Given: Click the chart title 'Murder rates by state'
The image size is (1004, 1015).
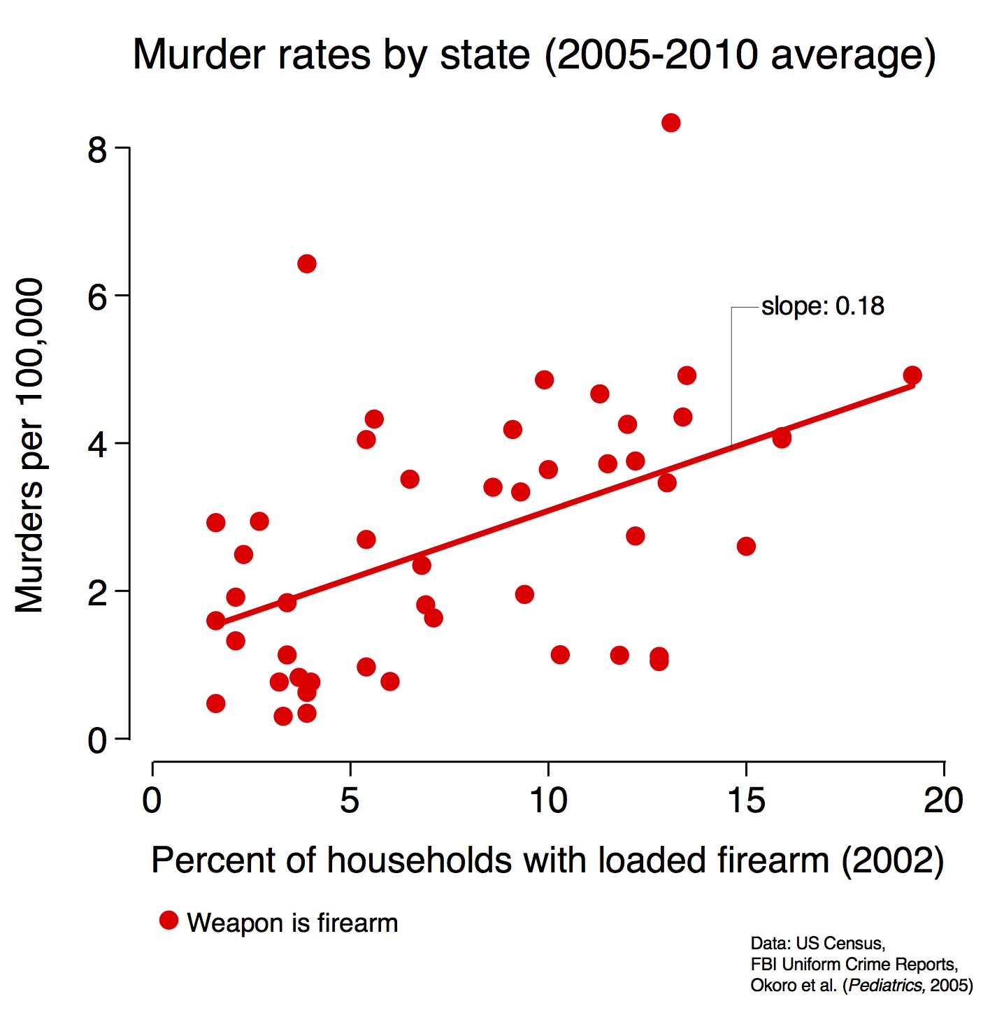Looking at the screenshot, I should pyautogui.click(x=534, y=55).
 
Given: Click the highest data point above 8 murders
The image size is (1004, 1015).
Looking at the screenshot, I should pyautogui.click(x=670, y=123).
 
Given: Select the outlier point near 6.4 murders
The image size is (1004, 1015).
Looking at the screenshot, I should pyautogui.click(x=306, y=264).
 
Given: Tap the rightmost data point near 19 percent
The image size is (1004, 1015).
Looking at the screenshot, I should pyautogui.click(x=912, y=375).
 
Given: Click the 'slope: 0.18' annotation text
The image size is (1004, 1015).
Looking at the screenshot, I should pyautogui.click(x=822, y=306).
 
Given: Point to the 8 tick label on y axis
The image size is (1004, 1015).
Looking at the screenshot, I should pyautogui.click(x=97, y=150).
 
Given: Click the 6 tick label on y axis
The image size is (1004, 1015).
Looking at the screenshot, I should pyautogui.click(x=97, y=297).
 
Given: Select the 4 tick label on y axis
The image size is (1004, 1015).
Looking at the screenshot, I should pyautogui.click(x=97, y=445).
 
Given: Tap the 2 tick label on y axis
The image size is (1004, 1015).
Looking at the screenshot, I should pyautogui.click(x=97, y=592).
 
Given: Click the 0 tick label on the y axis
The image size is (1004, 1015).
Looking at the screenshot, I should pyautogui.click(x=97, y=740).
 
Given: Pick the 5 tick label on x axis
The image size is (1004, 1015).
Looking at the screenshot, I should pyautogui.click(x=350, y=800).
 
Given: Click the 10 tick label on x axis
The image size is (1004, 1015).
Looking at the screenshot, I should pyautogui.click(x=547, y=800).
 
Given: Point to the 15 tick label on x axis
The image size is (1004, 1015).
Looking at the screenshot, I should pyautogui.click(x=746, y=800).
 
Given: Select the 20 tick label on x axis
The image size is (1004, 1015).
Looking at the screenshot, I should pyautogui.click(x=943, y=800).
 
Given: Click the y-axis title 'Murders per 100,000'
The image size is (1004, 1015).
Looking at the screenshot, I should pyautogui.click(x=29, y=445).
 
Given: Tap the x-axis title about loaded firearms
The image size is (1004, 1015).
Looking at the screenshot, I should pyautogui.click(x=547, y=860).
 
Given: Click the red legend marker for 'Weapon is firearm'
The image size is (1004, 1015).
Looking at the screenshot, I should pyautogui.click(x=168, y=921).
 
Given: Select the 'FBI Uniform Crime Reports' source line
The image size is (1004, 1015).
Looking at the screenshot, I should pyautogui.click(x=854, y=965).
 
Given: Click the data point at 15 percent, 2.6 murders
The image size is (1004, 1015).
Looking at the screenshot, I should pyautogui.click(x=746, y=546).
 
